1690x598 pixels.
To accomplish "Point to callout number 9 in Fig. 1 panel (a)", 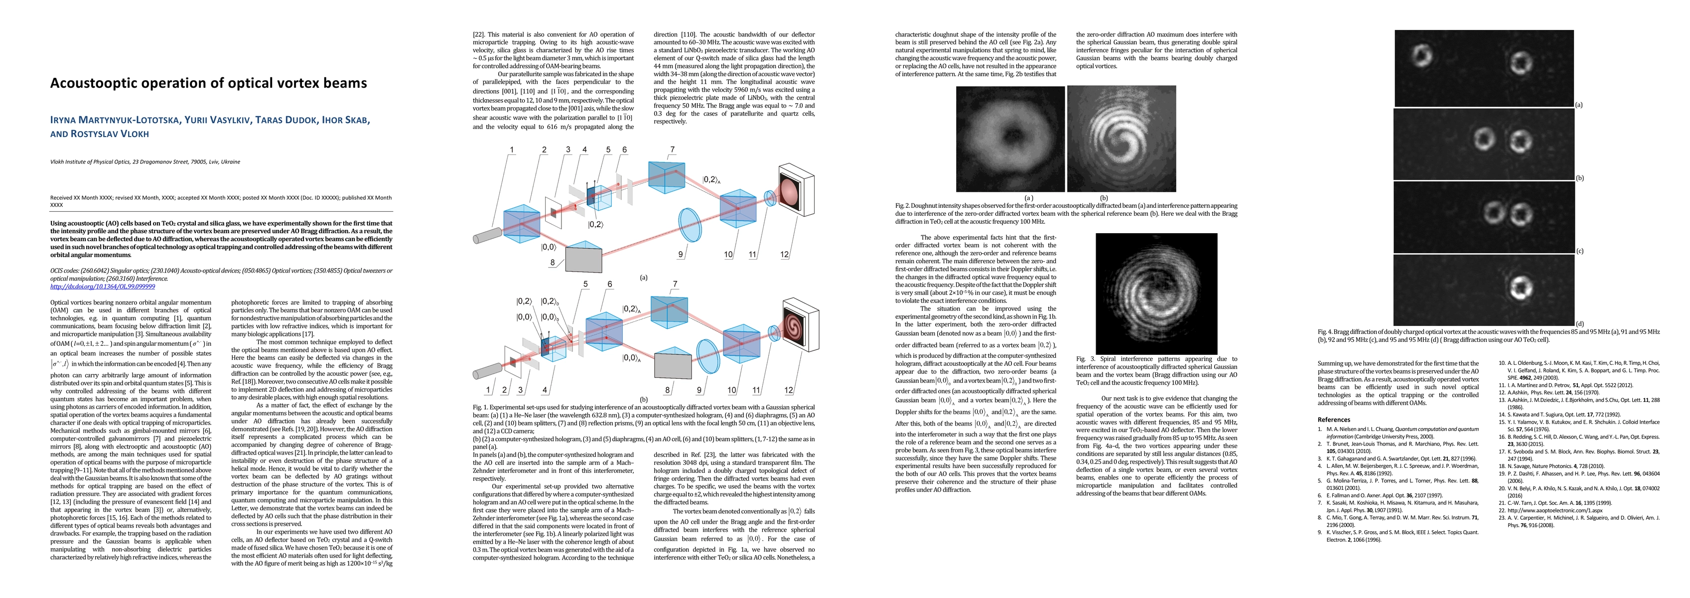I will pos(680,255).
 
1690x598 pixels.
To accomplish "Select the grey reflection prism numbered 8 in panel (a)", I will pos(583,257).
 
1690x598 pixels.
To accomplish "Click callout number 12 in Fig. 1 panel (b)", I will pos(789,390).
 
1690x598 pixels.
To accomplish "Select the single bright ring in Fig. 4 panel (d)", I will pos(1518,286).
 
